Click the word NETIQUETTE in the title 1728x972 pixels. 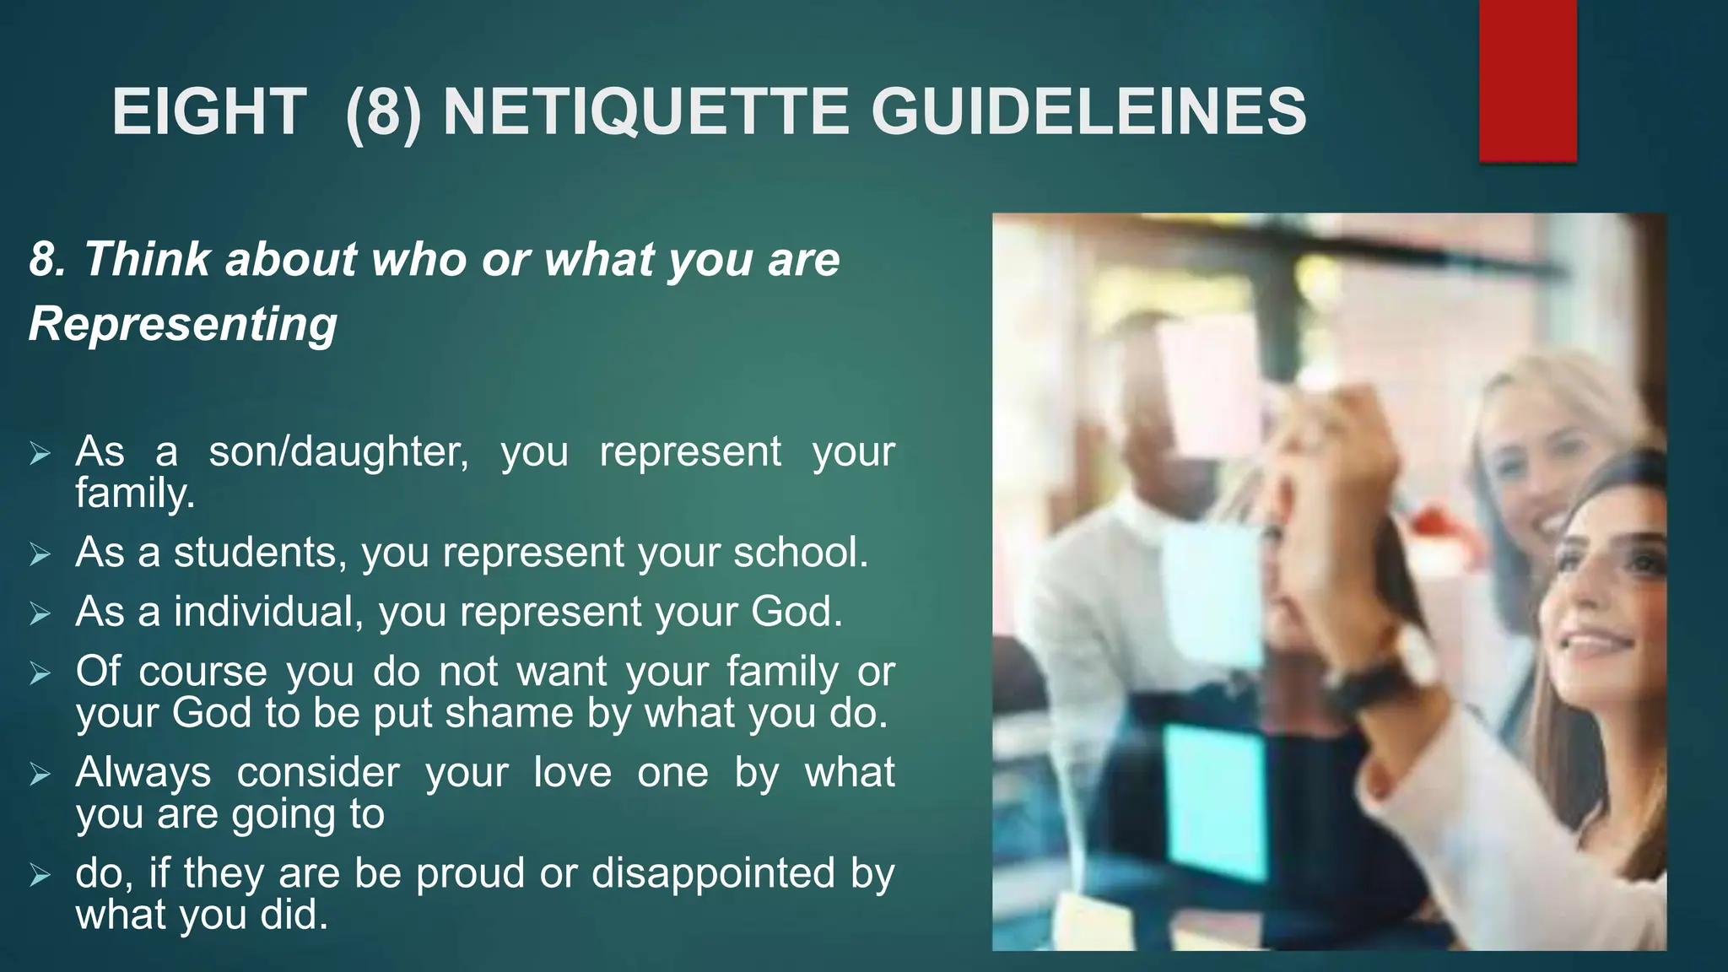coord(645,112)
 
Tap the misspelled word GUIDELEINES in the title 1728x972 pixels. coord(1088,112)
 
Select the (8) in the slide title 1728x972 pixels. coord(383,112)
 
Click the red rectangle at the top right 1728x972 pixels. coord(1527,80)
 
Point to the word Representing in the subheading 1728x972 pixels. coord(183,324)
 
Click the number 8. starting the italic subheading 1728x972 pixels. coord(47,259)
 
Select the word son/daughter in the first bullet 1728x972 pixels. coord(338,452)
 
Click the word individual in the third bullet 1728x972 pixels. coord(268,612)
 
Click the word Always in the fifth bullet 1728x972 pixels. coord(143,773)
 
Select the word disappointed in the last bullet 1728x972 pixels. coord(713,873)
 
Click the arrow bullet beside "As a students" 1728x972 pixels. coord(40,554)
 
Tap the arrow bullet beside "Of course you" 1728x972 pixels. coord(40,673)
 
